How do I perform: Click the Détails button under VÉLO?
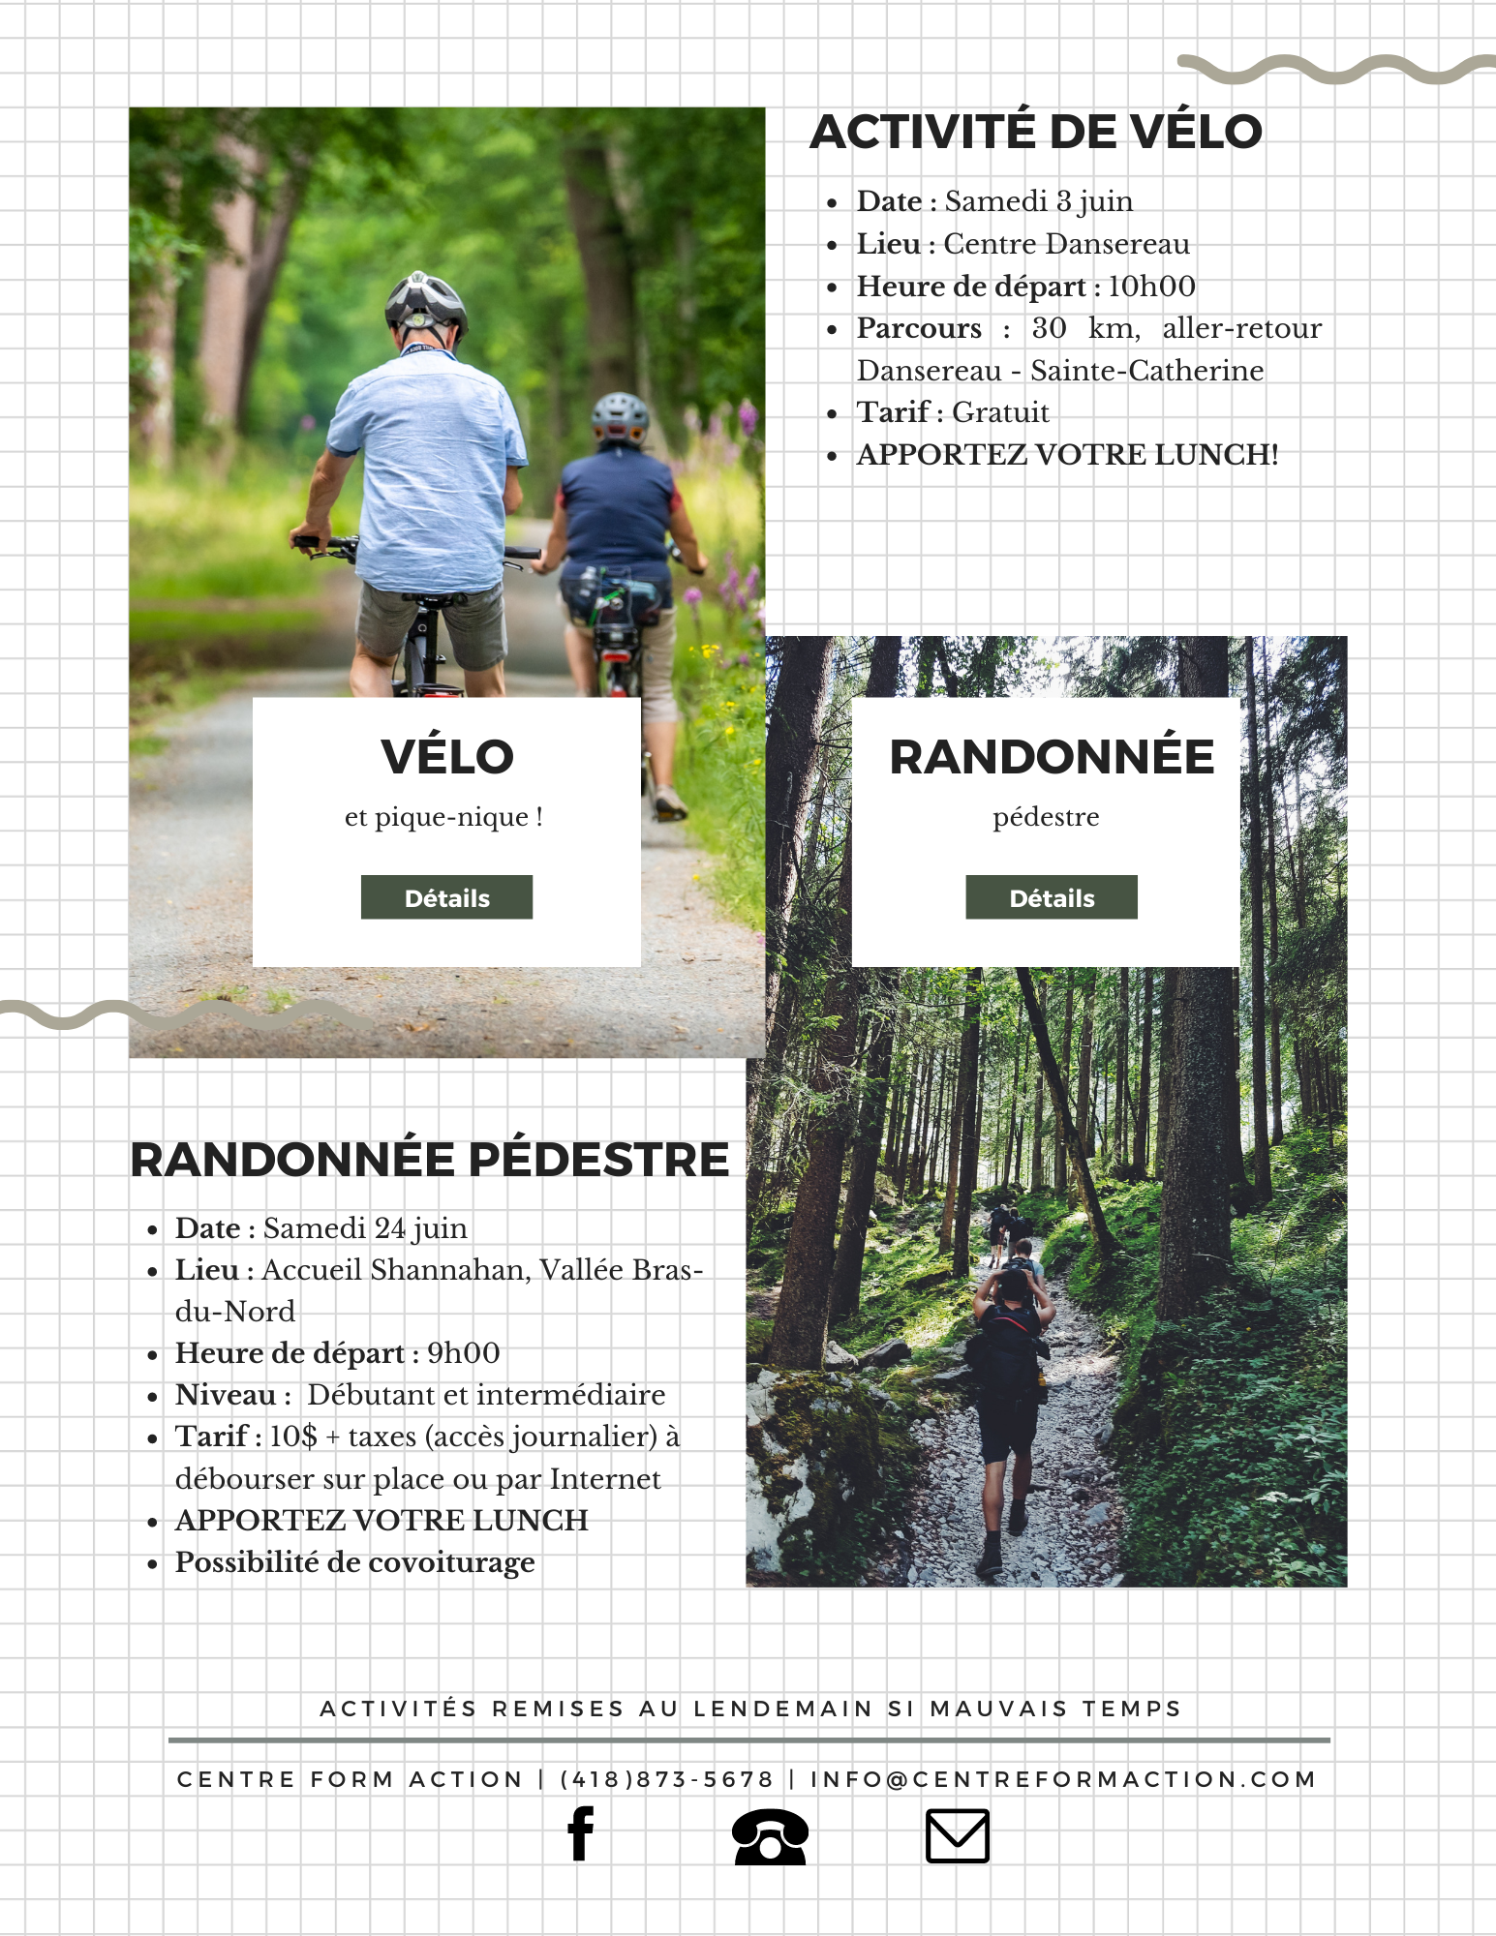446,897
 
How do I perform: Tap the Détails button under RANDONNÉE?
1052,897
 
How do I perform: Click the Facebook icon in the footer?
580,1833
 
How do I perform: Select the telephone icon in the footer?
770,1835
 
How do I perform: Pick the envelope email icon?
957,1835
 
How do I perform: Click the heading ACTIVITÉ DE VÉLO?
1036,132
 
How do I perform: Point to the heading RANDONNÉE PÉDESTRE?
430,1160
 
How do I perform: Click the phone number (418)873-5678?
667,1779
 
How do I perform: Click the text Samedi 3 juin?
1038,201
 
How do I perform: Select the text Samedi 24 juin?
365,1228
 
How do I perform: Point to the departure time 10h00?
1151,287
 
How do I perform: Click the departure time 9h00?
464,1353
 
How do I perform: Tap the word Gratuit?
1000,412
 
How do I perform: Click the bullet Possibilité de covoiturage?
354,1562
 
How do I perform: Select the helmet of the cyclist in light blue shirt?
425,301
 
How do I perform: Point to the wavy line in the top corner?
1336,69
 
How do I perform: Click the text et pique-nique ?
443,817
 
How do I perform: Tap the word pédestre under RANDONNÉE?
1046,817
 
